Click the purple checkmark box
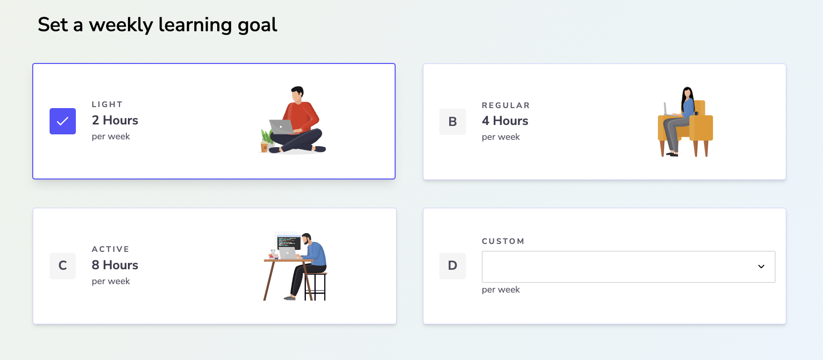pyautogui.click(x=63, y=121)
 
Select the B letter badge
pyautogui.click(x=453, y=121)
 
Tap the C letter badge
pyautogui.click(x=63, y=266)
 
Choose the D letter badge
pyautogui.click(x=453, y=266)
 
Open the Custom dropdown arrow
pyautogui.click(x=762, y=267)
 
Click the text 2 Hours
pyautogui.click(x=115, y=120)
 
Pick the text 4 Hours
pyautogui.click(x=505, y=121)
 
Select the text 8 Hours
pyautogui.click(x=115, y=265)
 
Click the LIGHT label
pyautogui.click(x=107, y=104)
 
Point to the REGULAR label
pyautogui.click(x=506, y=106)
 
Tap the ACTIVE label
pyautogui.click(x=111, y=249)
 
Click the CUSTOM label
pyautogui.click(x=503, y=241)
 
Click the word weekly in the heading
pyautogui.click(x=121, y=25)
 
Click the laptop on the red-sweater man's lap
pyautogui.click(x=282, y=127)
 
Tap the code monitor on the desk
pyautogui.click(x=289, y=241)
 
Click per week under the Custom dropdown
pyautogui.click(x=501, y=290)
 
